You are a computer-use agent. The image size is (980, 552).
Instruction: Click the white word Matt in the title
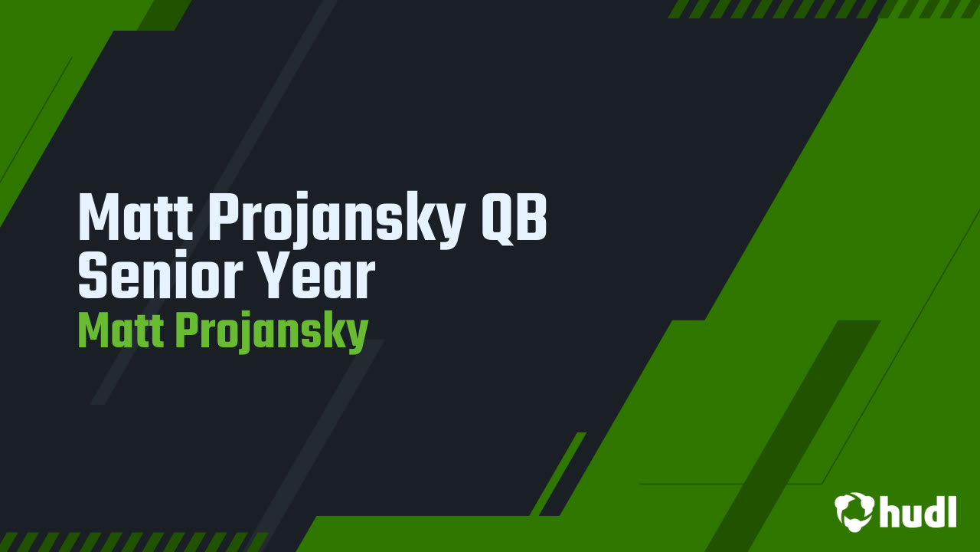135,219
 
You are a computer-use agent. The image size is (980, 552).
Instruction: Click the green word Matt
119,330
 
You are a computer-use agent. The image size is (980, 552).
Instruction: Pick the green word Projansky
272,333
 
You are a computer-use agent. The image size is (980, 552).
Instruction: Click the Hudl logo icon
854,511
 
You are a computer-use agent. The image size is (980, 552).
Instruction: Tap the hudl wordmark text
918,511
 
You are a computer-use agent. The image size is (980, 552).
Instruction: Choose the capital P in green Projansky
188,330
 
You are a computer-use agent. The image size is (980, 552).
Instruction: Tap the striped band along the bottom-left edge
130,541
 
